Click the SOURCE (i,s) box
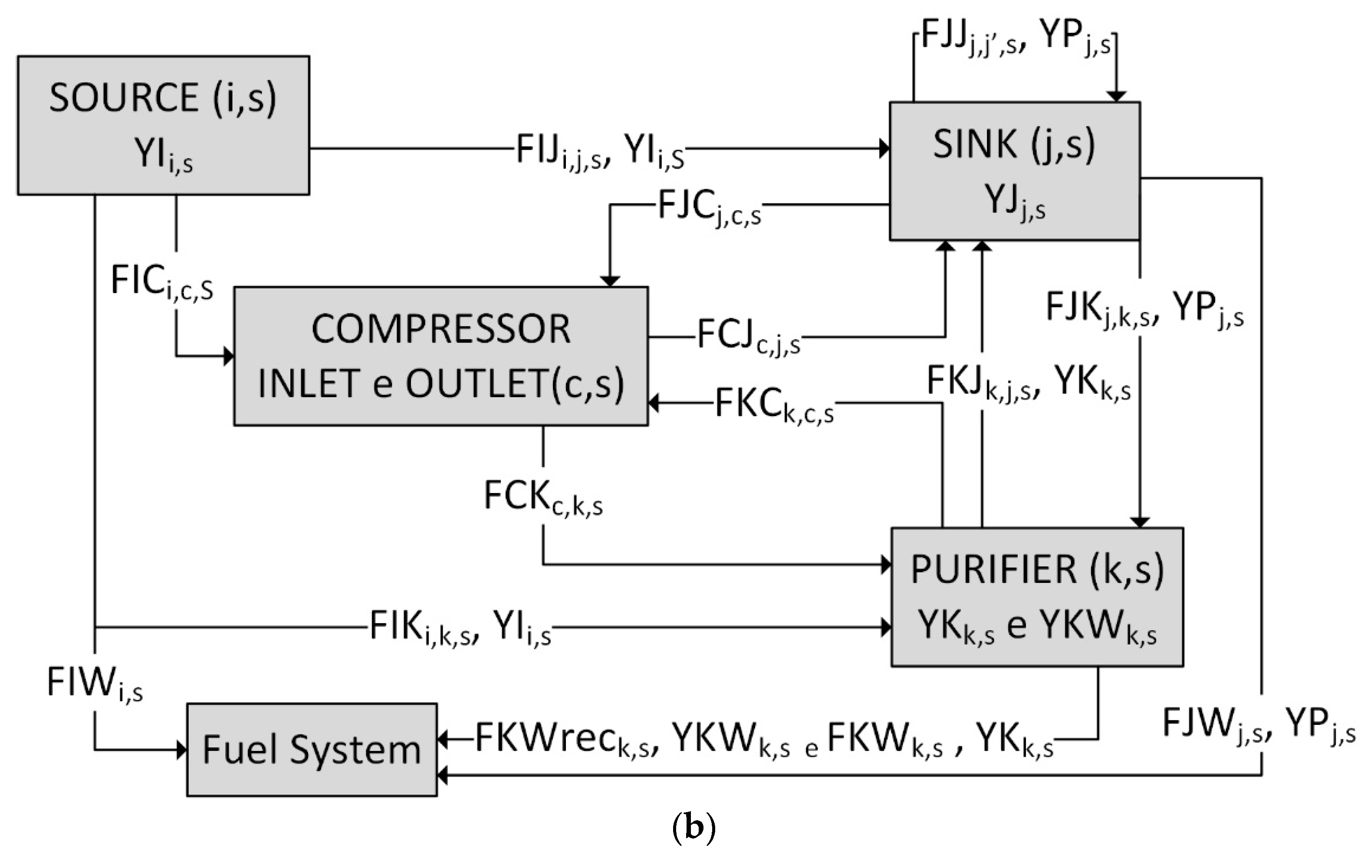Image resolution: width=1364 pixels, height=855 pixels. (163, 125)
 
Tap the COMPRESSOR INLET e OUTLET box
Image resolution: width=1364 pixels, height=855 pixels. (440, 356)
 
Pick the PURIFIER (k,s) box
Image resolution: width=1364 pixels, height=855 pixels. (1037, 597)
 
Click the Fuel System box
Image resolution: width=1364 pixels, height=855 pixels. (312, 750)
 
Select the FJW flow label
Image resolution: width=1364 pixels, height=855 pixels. (1258, 724)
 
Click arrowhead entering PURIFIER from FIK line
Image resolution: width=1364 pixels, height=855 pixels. (886, 627)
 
